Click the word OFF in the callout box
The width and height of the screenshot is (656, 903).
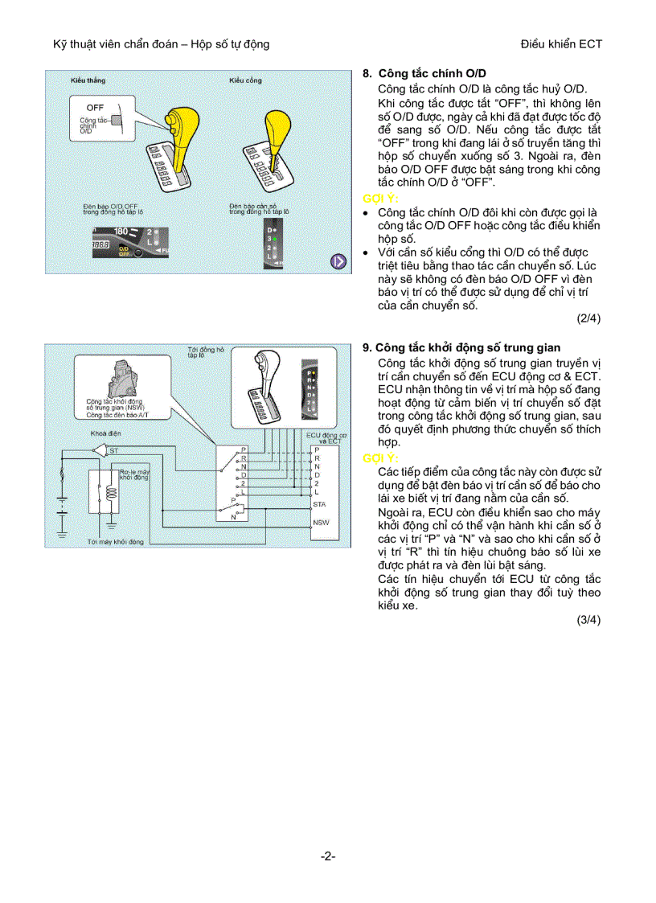coord(95,107)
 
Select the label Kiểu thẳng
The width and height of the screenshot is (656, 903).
coord(88,81)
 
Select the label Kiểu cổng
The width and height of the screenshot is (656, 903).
coord(245,81)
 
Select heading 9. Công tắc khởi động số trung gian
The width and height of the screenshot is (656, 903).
coord(461,348)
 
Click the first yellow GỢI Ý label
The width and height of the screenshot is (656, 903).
coord(380,198)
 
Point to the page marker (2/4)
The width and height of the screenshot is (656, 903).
coord(588,318)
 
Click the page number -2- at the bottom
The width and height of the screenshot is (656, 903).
coord(327,856)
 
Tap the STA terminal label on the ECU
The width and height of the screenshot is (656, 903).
coord(319,503)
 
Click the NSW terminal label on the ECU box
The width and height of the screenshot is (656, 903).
coord(321,522)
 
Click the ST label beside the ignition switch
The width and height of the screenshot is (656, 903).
coord(114,451)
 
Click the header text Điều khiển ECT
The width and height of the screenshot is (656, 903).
coord(561,44)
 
